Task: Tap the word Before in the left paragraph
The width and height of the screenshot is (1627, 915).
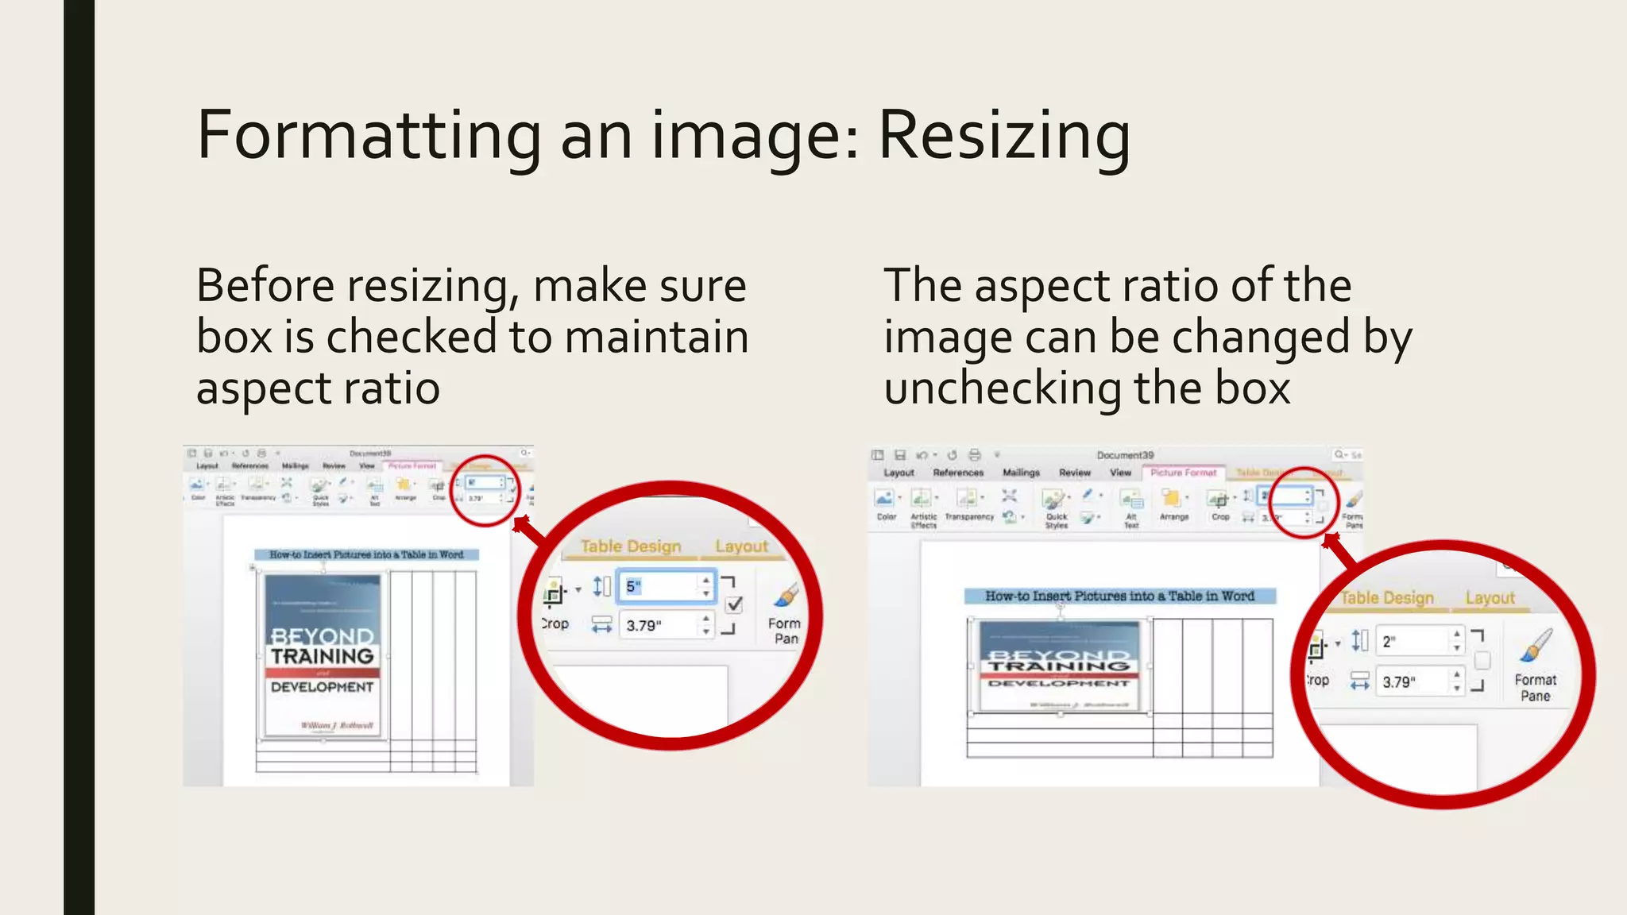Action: (265, 286)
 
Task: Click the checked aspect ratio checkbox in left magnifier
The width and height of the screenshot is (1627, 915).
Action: (735, 604)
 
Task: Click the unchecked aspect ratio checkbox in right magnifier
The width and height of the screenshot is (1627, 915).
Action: (1482, 660)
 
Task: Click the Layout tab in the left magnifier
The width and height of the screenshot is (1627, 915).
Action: (741, 546)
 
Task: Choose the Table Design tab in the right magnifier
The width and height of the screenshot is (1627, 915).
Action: (1387, 598)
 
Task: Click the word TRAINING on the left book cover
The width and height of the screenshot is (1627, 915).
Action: (322, 656)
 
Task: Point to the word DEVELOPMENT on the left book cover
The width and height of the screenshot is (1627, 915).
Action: (322, 687)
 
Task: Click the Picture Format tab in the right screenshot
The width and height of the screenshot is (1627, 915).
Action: (1183, 473)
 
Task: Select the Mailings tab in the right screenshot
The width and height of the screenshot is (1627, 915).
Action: (1021, 473)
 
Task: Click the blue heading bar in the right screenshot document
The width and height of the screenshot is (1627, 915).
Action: (1119, 596)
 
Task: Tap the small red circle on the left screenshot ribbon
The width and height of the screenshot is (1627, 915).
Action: (485, 490)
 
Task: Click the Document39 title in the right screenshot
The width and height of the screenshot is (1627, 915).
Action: (1125, 455)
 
